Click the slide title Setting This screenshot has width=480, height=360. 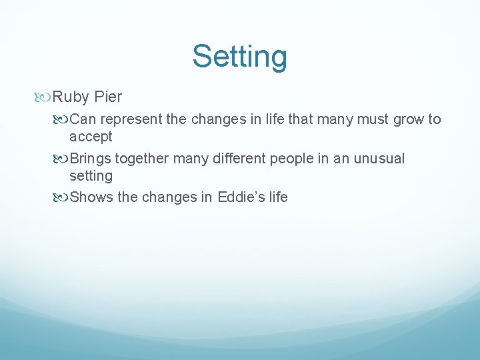tap(239, 57)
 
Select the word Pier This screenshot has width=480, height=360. tap(108, 97)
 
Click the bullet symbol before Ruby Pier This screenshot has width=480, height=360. tap(45, 97)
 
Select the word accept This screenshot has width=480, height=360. tap(91, 137)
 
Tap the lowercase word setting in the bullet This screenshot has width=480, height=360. tap(91, 176)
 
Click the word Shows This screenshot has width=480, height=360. tap(91, 197)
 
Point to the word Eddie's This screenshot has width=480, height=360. tap(239, 197)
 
